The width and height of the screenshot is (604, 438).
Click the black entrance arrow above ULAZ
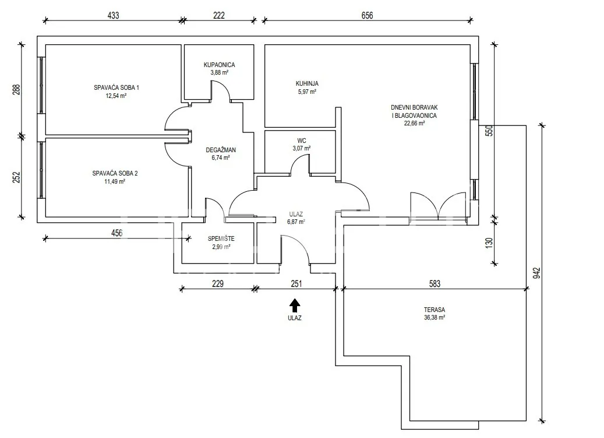(x=295, y=306)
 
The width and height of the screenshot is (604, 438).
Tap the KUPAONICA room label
(x=219, y=65)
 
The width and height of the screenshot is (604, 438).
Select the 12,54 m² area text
(x=116, y=96)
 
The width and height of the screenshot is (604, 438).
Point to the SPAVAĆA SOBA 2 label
(x=115, y=173)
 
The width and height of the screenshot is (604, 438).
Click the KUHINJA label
(x=307, y=83)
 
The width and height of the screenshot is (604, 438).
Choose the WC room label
(x=302, y=141)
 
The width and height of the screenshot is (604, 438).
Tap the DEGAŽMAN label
(x=221, y=150)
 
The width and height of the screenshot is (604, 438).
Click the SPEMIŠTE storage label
(x=221, y=239)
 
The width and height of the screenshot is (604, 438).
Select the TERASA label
(x=435, y=310)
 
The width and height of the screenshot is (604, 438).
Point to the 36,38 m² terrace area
(x=435, y=318)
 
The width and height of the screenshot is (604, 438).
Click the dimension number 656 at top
(x=367, y=15)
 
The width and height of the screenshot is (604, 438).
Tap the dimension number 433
(x=113, y=15)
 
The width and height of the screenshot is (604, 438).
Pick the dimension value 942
(x=537, y=274)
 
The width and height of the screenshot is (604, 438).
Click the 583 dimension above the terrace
(x=435, y=284)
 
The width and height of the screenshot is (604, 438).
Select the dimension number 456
(x=116, y=233)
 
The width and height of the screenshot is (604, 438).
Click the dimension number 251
(x=296, y=284)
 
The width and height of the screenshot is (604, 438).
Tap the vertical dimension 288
(x=16, y=89)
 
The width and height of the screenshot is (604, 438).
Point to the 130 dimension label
(x=489, y=243)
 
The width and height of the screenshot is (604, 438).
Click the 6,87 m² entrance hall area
(x=296, y=222)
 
